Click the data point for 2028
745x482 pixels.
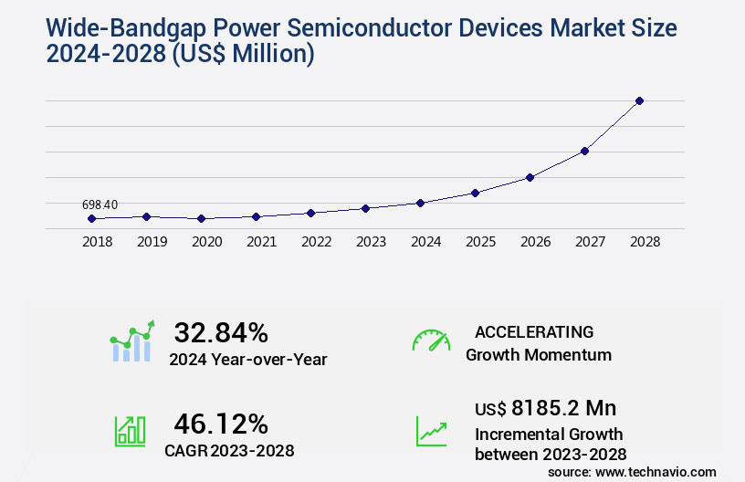[x=639, y=100]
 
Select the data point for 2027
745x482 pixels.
[x=584, y=151]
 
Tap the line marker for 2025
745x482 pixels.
[x=475, y=193]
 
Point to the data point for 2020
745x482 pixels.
[x=201, y=219]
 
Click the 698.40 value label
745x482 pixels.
[x=99, y=204]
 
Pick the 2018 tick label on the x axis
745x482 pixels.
[x=98, y=242]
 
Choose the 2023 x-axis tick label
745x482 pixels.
[x=371, y=242]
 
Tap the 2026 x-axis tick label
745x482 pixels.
[x=535, y=242]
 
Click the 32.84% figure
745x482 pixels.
[x=221, y=332]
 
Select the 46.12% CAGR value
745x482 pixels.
[x=221, y=424]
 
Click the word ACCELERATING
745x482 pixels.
[x=534, y=331]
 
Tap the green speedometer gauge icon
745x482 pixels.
[x=431, y=340]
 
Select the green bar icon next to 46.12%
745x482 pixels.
[x=130, y=431]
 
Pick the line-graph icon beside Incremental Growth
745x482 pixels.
[x=431, y=431]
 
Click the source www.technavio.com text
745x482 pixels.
[x=632, y=471]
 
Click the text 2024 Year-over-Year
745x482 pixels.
[x=247, y=359]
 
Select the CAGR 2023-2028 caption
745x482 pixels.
[x=229, y=450]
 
